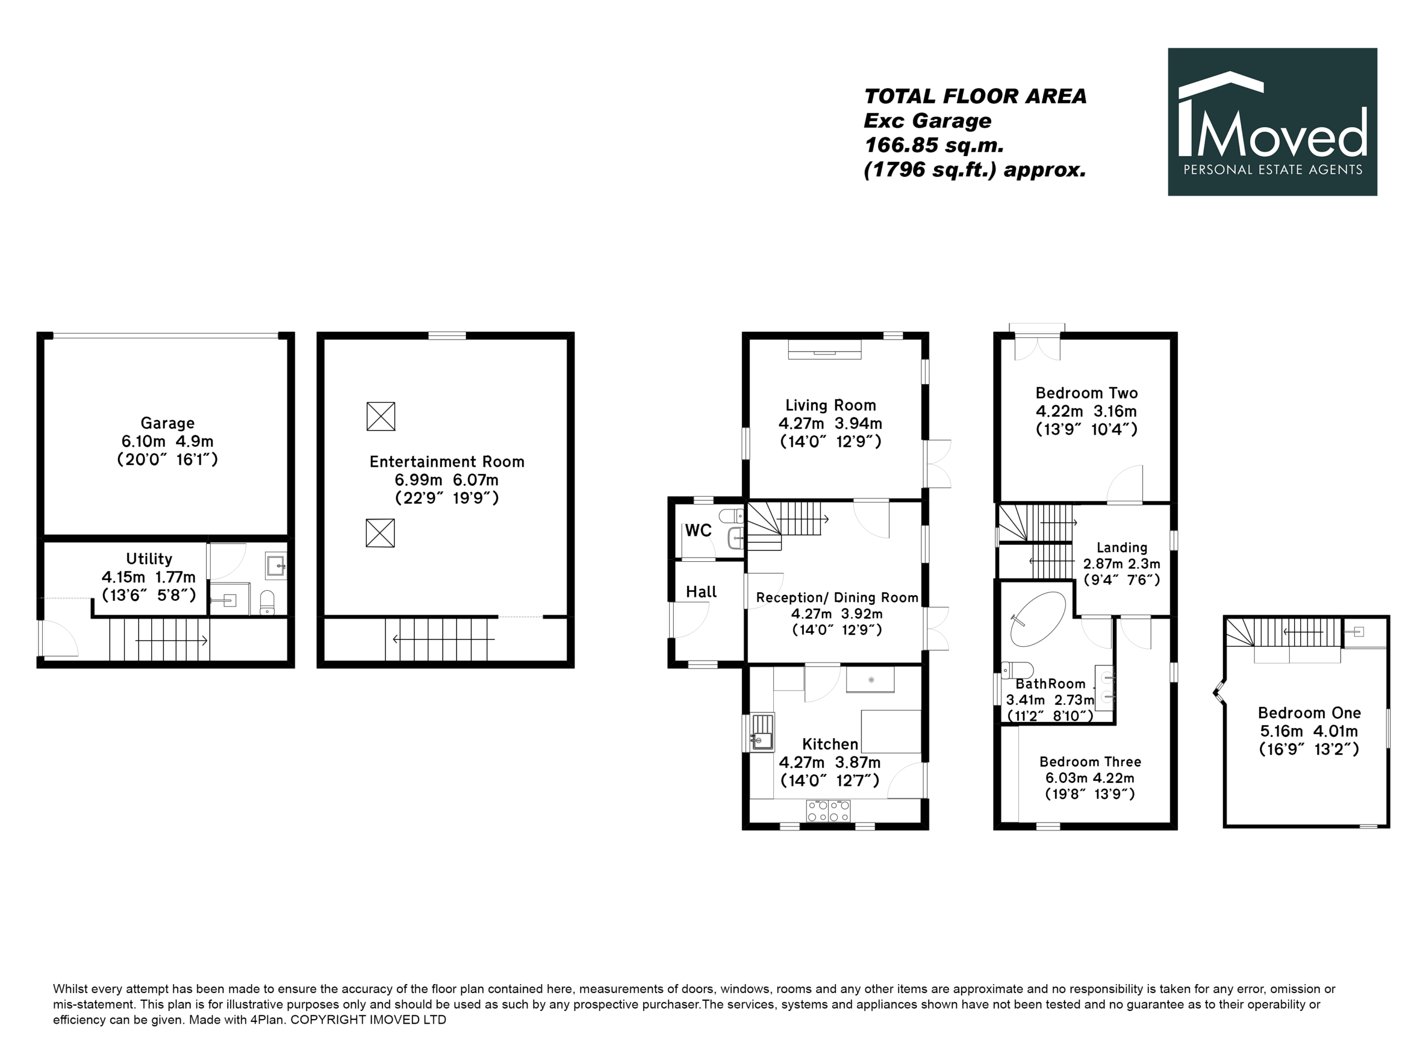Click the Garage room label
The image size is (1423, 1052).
[x=167, y=423]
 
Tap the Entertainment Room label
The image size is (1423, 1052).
[x=446, y=462]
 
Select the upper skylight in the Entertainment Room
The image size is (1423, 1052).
[x=381, y=416]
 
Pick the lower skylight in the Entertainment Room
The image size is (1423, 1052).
[x=380, y=533]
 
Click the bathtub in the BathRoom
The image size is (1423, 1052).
[x=1038, y=620]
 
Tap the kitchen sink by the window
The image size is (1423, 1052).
[x=763, y=732]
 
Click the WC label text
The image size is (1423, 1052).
[x=698, y=531]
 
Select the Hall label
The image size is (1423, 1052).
[x=701, y=592]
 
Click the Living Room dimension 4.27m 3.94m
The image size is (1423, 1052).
[x=830, y=423]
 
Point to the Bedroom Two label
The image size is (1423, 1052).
[x=1086, y=393]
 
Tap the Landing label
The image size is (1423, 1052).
[x=1122, y=547]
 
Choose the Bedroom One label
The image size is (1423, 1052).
[x=1309, y=712]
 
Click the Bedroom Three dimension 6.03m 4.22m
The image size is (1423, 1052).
[x=1090, y=777]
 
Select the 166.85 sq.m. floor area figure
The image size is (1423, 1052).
[x=934, y=145]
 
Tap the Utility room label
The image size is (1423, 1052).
[x=149, y=559]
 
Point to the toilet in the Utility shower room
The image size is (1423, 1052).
[x=267, y=602]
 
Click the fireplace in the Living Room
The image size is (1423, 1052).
[x=825, y=349]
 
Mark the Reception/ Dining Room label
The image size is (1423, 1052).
[x=837, y=597]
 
